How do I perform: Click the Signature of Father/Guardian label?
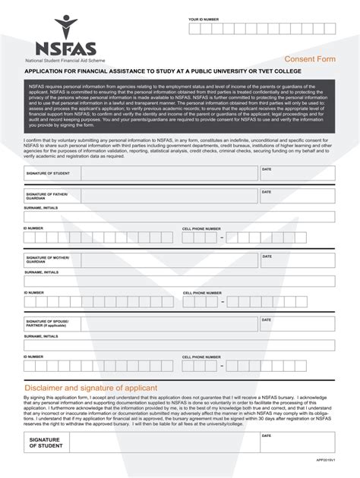click(47, 196)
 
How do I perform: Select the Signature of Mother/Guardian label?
click(48, 260)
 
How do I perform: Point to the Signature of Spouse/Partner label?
click(48, 324)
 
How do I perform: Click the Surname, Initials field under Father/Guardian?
click(179, 216)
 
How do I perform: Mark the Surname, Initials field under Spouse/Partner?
click(179, 344)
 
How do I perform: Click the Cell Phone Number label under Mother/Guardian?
click(201, 292)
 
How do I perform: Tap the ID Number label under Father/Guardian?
click(33, 228)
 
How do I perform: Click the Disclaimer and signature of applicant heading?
click(90, 387)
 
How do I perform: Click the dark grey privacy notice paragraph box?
click(179, 106)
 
